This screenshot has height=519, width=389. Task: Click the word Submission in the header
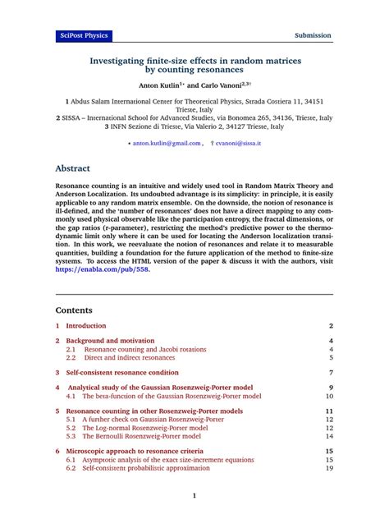point(313,35)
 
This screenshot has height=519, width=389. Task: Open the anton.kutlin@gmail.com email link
point(167,142)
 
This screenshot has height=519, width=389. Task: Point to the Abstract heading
point(72,168)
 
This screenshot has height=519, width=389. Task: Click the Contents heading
point(74,310)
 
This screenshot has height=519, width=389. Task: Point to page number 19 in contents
point(329,468)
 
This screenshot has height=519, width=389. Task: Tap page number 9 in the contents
point(331,387)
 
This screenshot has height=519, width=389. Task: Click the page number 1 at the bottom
point(194,496)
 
